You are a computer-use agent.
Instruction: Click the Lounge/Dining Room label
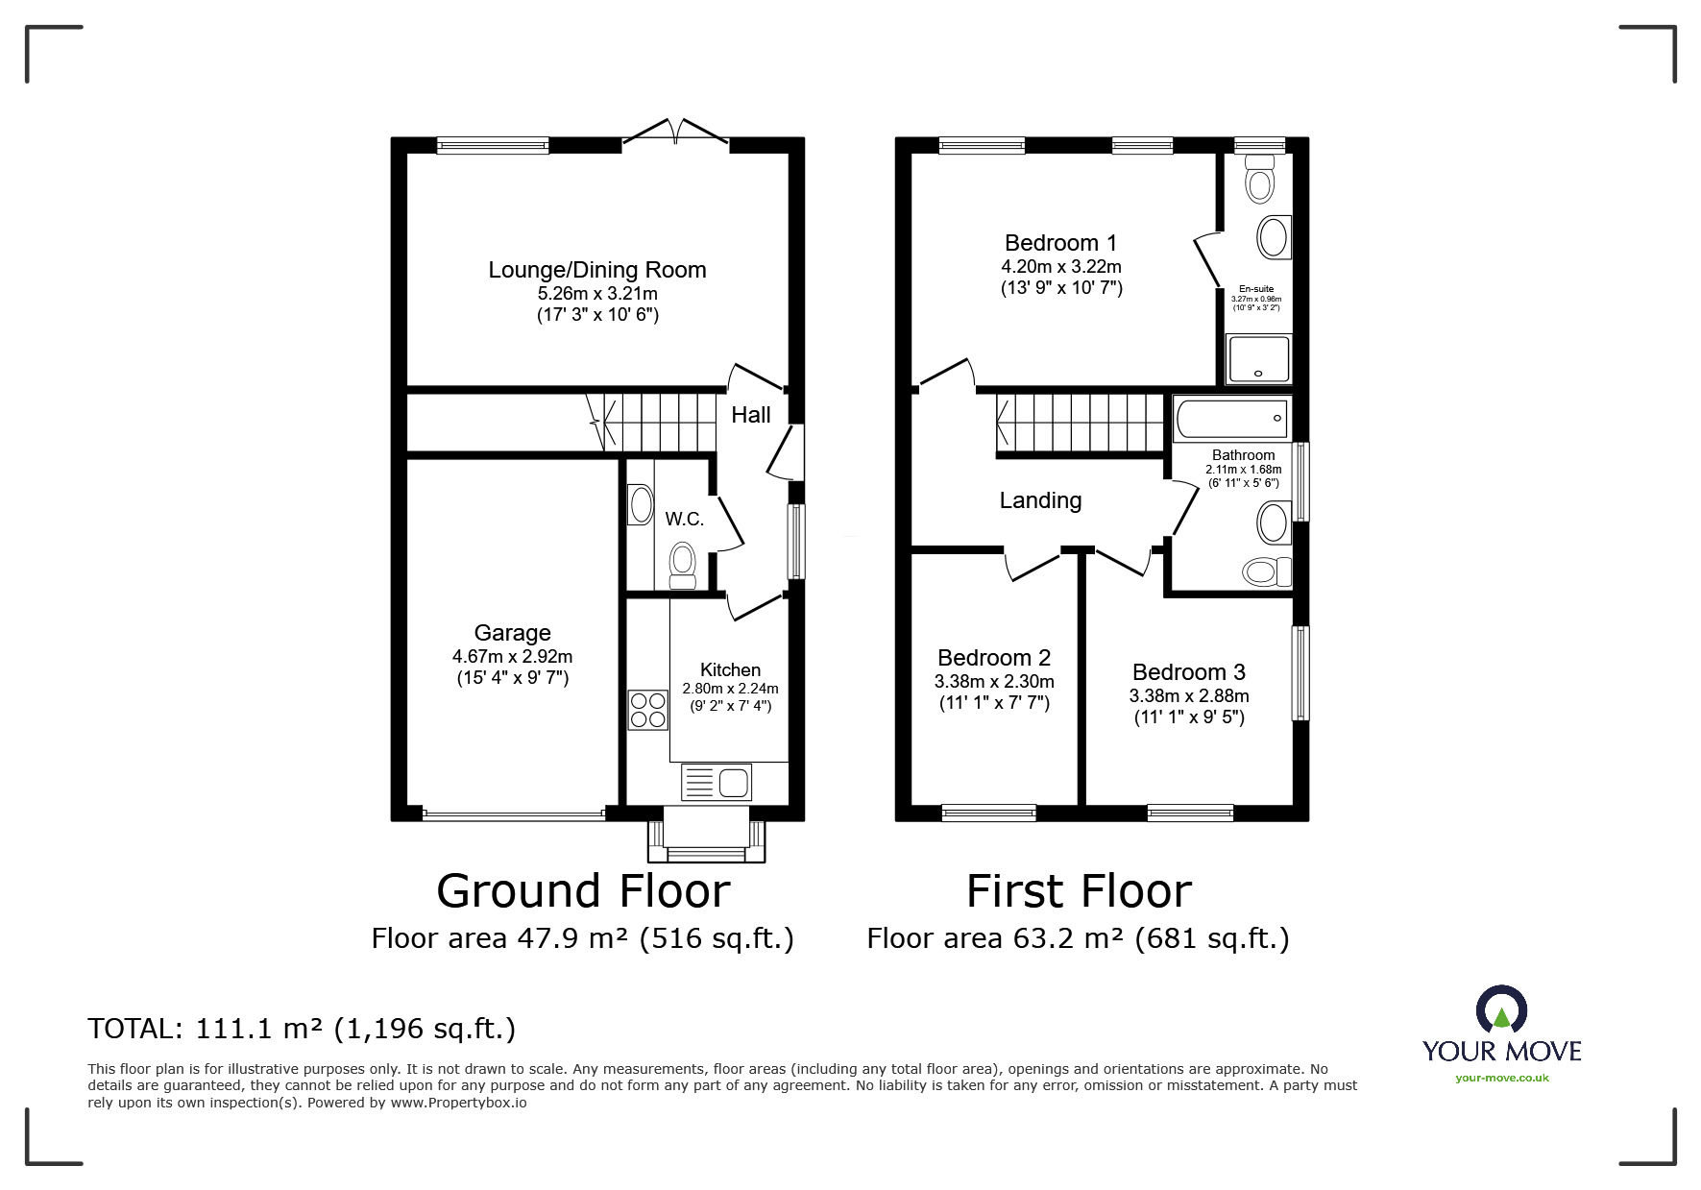point(596,270)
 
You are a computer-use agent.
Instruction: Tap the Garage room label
point(512,633)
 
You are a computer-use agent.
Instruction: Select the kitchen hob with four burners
point(647,710)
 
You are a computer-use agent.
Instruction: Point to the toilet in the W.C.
point(683,565)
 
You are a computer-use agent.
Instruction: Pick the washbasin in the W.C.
point(640,505)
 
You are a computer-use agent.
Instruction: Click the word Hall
point(751,415)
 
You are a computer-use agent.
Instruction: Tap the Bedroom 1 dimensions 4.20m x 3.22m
point(1061,267)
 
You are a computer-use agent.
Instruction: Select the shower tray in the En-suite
point(1258,359)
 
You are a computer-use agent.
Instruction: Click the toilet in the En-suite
point(1258,179)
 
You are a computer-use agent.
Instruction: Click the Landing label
point(1040,500)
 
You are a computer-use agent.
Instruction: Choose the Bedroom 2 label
point(994,658)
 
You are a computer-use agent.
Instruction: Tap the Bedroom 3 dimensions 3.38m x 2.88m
point(1189,695)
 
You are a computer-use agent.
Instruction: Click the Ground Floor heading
point(583,890)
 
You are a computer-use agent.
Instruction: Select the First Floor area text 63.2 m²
point(1068,937)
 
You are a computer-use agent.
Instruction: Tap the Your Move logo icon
point(1501,1010)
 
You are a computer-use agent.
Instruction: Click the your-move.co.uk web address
point(1502,1078)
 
